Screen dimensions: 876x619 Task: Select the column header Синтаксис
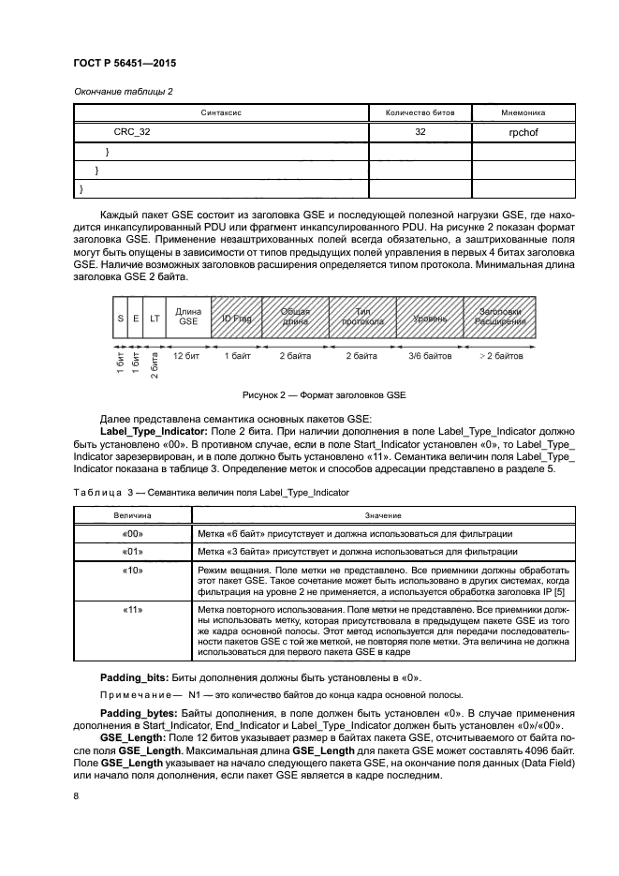tap(221, 112)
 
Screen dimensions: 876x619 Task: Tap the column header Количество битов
tap(420, 112)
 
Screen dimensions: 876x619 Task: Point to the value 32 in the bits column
tap(420, 133)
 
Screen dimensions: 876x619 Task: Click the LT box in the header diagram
tap(155, 319)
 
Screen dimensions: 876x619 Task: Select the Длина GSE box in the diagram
tap(188, 319)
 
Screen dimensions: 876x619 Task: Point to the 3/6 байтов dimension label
tap(429, 357)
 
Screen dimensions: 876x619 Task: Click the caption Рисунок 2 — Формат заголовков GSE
tap(308, 394)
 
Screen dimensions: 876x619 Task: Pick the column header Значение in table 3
tap(378, 515)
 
